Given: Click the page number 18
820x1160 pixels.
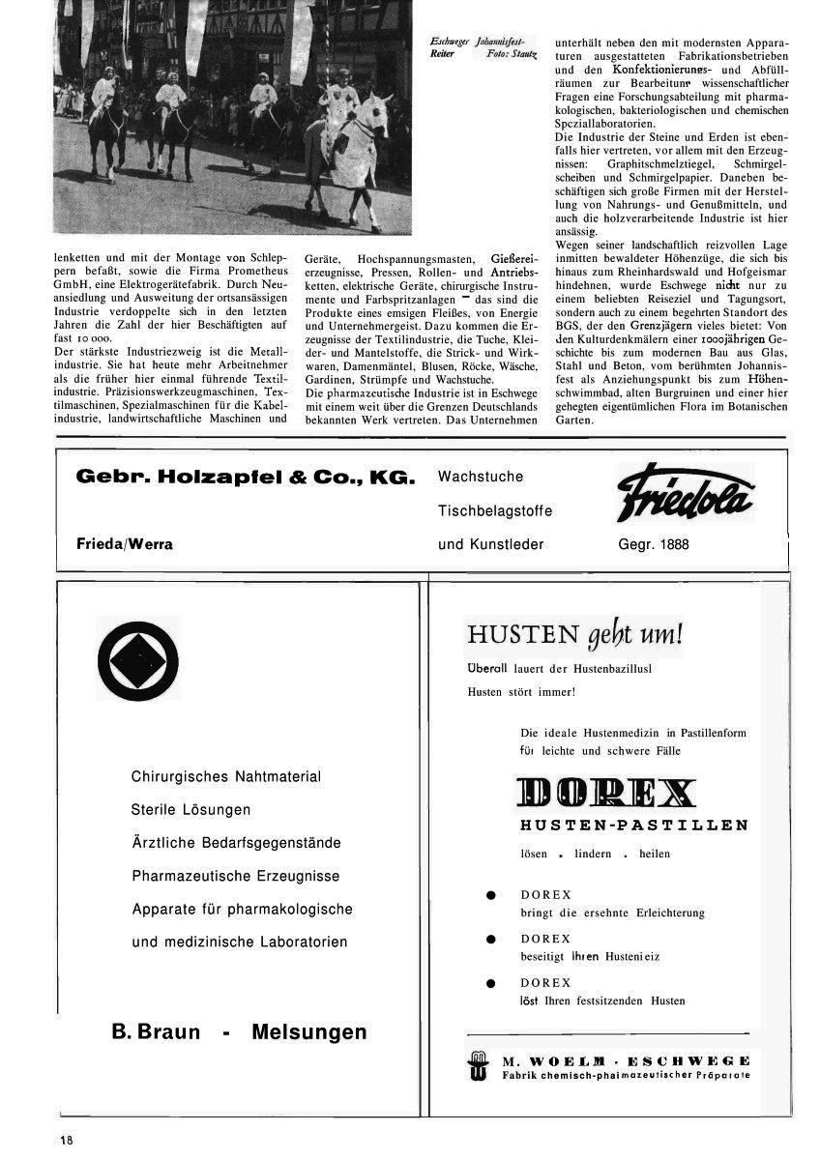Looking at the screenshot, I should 67,1140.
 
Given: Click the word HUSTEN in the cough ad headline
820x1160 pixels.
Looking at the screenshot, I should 522,634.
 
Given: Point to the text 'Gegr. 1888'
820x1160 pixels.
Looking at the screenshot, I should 654,544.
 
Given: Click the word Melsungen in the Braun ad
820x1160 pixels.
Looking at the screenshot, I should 308,1032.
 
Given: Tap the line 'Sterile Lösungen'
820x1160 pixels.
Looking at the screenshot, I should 190,809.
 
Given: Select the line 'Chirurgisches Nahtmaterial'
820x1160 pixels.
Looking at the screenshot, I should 226,776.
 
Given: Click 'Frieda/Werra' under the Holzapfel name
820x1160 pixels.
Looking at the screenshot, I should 125,544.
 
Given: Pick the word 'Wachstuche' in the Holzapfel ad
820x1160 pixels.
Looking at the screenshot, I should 481,477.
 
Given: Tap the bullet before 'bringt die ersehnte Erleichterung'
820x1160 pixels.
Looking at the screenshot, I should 491,895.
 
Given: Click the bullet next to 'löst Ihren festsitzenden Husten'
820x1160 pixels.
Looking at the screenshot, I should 491,983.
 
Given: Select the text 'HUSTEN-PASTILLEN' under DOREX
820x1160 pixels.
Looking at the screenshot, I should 633,825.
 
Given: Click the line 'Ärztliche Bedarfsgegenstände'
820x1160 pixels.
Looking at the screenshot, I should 236,843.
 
